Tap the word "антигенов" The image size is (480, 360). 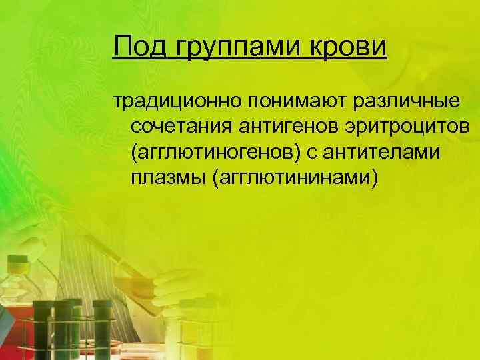(277, 127)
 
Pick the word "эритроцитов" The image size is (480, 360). (395, 127)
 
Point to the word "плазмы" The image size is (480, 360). (167, 179)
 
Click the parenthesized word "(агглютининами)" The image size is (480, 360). (293, 179)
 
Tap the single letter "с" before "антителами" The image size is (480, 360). (312, 153)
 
